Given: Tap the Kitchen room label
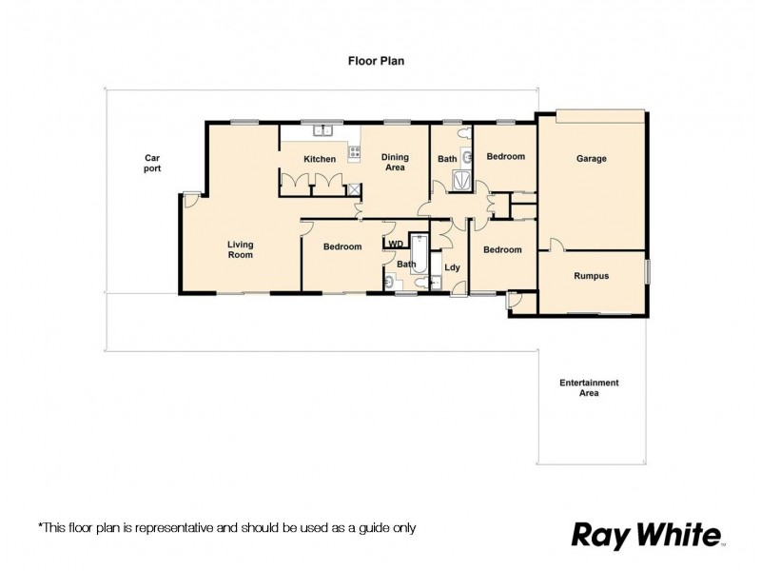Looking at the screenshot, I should click(x=319, y=159).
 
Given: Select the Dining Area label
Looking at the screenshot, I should click(x=395, y=162).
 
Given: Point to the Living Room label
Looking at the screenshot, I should click(x=240, y=249).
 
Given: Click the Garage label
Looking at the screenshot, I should click(x=591, y=159).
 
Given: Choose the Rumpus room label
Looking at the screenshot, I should click(x=591, y=276).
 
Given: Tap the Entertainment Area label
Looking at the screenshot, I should click(x=589, y=386).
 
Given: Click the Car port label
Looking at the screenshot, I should click(x=152, y=162).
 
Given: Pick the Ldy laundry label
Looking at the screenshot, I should click(x=452, y=267).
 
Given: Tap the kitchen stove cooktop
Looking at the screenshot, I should click(x=354, y=151).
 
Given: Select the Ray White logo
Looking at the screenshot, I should click(x=647, y=535).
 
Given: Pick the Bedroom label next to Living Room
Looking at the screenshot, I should click(x=341, y=247).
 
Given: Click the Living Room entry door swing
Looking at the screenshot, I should click(x=191, y=200).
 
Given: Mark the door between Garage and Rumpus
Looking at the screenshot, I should click(x=557, y=246).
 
